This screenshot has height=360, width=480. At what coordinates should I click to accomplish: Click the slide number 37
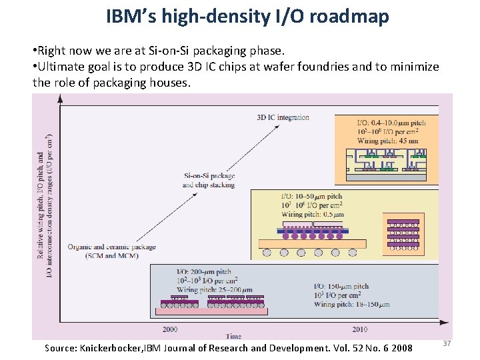(447, 343)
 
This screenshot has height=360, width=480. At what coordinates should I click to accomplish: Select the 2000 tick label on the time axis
(170, 329)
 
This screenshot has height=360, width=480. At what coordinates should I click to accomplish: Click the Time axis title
(233, 337)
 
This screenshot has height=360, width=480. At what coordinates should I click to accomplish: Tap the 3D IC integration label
(283, 117)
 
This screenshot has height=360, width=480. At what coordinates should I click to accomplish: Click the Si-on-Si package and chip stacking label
(209, 180)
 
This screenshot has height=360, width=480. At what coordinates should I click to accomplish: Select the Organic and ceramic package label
(111, 251)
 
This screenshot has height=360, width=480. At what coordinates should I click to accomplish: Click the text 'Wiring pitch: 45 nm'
(388, 141)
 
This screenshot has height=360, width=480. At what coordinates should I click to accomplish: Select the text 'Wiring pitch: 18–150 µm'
(351, 304)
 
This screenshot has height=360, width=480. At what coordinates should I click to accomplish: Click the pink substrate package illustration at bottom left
(211, 305)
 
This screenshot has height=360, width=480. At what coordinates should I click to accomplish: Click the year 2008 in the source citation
(402, 348)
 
